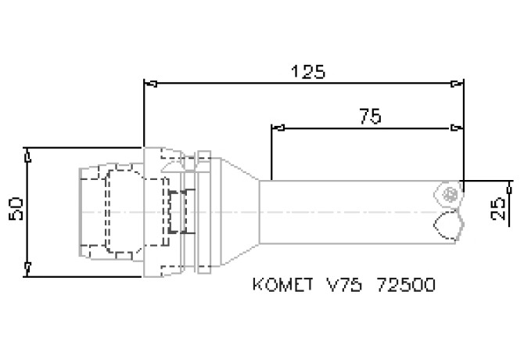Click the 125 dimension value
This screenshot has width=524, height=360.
[x=307, y=71]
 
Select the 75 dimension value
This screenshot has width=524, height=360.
[x=370, y=117]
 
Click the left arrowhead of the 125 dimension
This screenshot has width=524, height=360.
[x=149, y=82]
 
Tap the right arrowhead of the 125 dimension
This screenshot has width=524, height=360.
[x=458, y=82]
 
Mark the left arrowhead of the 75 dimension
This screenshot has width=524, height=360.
[x=276, y=127]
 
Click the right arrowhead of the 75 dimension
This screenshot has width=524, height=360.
[x=458, y=127]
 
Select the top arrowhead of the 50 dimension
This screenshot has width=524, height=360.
[x=28, y=153]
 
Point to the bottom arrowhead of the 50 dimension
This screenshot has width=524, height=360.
[x=28, y=270]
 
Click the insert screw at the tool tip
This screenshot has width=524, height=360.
[x=447, y=193]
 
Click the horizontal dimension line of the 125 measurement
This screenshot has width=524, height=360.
[x=235, y=82]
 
